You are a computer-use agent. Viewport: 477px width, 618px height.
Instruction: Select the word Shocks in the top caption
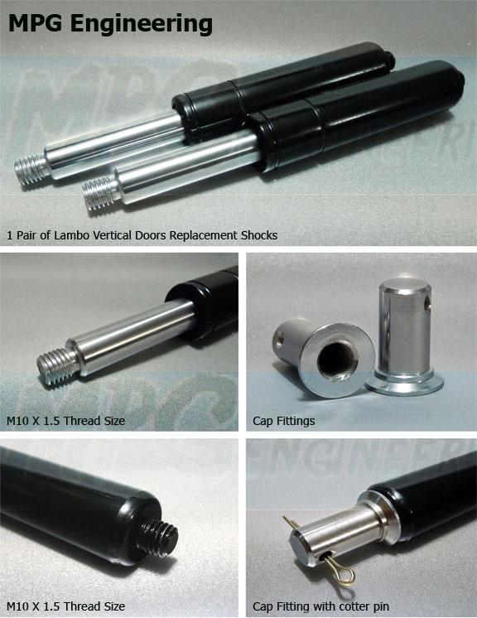coord(258,235)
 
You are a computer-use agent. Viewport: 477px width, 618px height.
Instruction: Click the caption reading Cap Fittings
coord(283,421)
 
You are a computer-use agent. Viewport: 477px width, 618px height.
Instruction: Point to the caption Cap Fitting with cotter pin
coord(320,606)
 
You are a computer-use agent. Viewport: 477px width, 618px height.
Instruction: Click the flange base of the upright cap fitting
coord(406,383)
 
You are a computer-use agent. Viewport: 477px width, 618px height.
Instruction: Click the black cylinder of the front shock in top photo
coord(348,116)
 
